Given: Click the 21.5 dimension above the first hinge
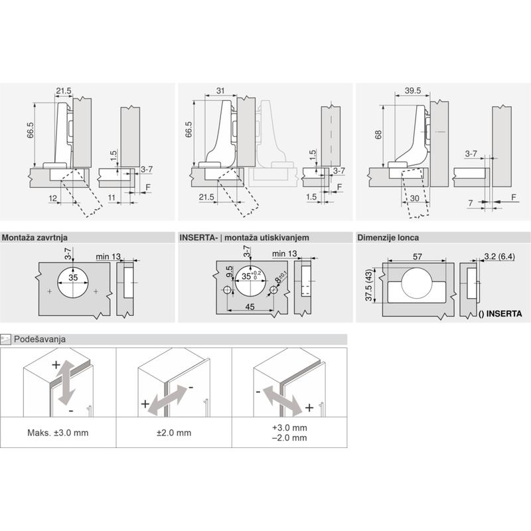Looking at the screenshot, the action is [x=64, y=91].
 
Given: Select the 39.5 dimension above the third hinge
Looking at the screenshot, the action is [x=413, y=90].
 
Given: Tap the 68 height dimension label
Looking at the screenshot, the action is [x=378, y=135].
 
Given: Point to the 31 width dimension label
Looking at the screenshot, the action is [x=220, y=91].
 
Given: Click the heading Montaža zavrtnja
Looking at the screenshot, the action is [x=35, y=238].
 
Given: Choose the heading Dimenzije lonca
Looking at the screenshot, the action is [x=388, y=238].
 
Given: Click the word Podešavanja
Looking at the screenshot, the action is [x=40, y=339].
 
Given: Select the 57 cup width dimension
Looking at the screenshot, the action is [x=417, y=257].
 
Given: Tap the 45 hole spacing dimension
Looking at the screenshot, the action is [x=250, y=307].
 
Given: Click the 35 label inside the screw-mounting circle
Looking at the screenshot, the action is [x=73, y=277].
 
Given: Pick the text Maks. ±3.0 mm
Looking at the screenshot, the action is [x=58, y=433].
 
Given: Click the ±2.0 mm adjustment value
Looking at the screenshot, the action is [x=174, y=433].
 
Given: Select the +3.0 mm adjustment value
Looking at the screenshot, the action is [x=289, y=427].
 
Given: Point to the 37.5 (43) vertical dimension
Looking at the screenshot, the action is [x=369, y=285].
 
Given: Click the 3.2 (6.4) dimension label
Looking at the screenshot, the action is [x=500, y=256].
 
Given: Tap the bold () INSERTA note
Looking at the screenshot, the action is [x=500, y=314].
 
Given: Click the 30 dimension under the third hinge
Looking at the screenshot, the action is [x=414, y=198].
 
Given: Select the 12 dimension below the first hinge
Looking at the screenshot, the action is [x=53, y=198].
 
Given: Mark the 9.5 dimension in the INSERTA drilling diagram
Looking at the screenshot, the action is [x=229, y=271].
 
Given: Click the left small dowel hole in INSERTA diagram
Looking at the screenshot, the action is [x=227, y=290].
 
